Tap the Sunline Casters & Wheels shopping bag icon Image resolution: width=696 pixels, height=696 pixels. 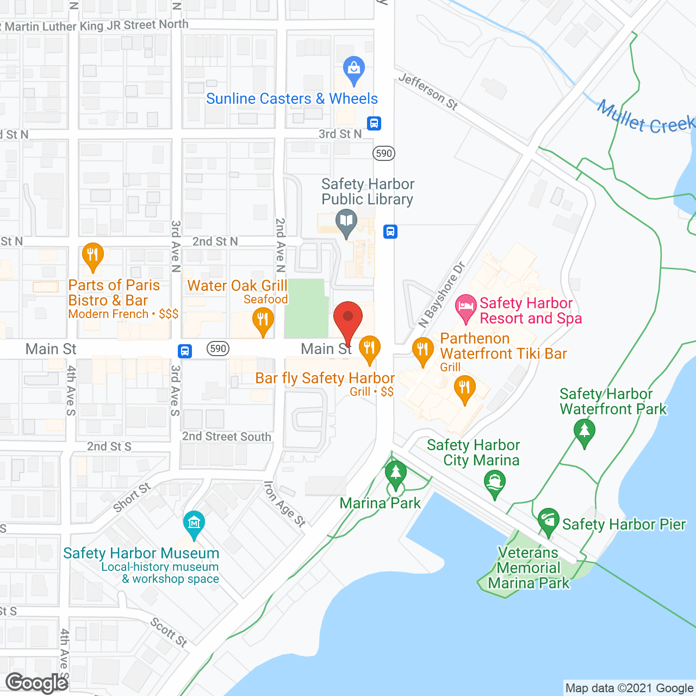coord(354,70)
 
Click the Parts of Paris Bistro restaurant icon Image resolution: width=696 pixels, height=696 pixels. coord(93,256)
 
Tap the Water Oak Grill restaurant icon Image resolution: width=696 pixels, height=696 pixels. coord(263,320)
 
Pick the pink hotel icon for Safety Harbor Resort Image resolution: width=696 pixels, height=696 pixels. coord(466,308)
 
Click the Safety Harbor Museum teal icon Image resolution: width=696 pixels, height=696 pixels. coord(194,524)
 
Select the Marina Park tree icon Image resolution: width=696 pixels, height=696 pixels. coord(396,474)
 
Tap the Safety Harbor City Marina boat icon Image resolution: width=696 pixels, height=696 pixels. coord(495,482)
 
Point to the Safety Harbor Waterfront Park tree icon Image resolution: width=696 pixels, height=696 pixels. coord(585,431)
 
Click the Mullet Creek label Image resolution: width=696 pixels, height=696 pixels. coord(645,117)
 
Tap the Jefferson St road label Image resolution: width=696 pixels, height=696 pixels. coord(428,91)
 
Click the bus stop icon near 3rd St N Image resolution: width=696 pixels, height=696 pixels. coord(374,123)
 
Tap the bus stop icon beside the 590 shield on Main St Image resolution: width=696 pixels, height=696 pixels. coord(185,351)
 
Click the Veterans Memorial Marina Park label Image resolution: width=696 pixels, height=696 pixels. coord(529,568)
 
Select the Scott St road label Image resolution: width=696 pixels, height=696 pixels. coord(169,632)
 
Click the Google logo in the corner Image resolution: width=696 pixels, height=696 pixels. coord(37,683)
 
